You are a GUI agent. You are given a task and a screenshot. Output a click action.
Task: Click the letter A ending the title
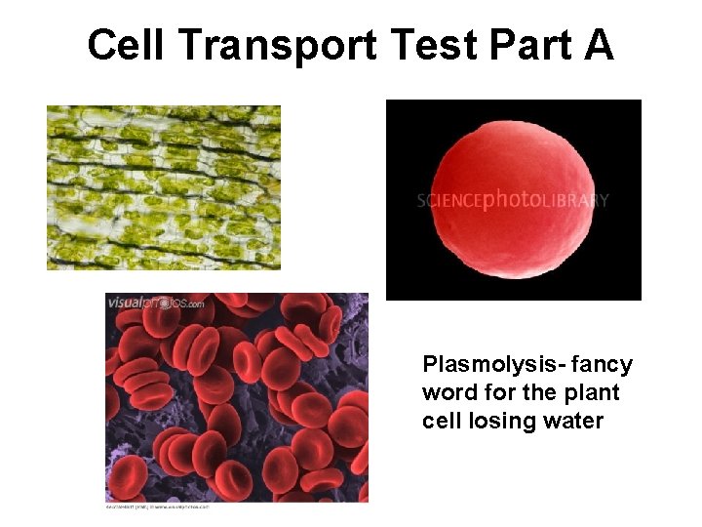(x=598, y=45)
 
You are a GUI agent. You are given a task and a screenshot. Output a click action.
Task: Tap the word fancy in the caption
(x=602, y=365)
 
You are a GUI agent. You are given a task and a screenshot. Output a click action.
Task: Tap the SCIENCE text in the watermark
(x=449, y=201)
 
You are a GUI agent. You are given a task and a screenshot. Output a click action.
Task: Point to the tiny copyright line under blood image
(x=157, y=507)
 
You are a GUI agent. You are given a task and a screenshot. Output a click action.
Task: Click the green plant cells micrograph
(x=164, y=187)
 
